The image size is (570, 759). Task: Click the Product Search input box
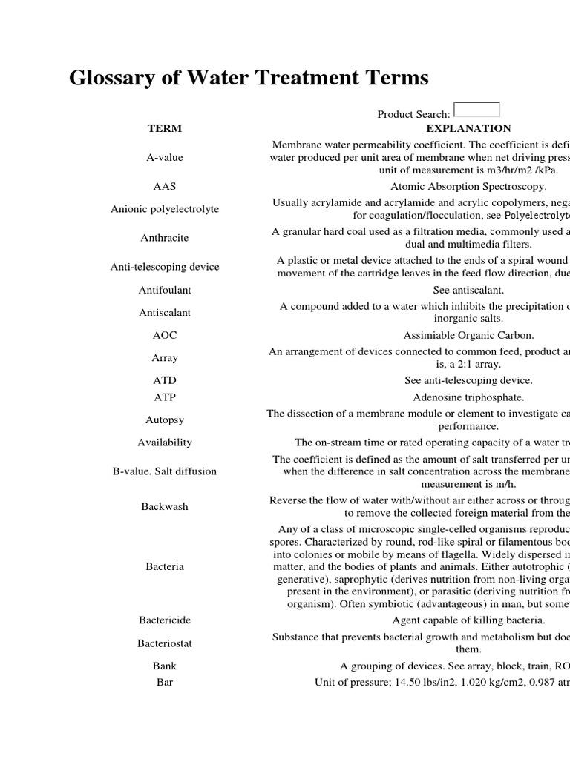click(476, 110)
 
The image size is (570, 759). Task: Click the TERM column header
click(164, 128)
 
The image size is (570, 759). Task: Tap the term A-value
click(164, 157)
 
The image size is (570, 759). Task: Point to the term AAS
click(164, 187)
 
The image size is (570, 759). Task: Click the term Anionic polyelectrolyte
click(164, 209)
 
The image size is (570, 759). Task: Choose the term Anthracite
click(164, 238)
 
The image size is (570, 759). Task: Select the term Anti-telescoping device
click(164, 267)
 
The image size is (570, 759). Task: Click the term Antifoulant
click(164, 291)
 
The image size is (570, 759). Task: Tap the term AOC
click(164, 335)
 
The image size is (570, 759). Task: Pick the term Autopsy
click(164, 420)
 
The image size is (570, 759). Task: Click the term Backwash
click(164, 507)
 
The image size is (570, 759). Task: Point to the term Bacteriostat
click(164, 643)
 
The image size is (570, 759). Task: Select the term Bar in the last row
click(164, 682)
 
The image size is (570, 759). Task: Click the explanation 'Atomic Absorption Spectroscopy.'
click(468, 187)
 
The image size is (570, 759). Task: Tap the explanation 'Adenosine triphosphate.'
click(468, 397)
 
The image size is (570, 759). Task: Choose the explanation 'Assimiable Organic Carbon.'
click(468, 335)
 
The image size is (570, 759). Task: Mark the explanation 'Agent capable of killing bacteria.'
click(468, 620)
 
